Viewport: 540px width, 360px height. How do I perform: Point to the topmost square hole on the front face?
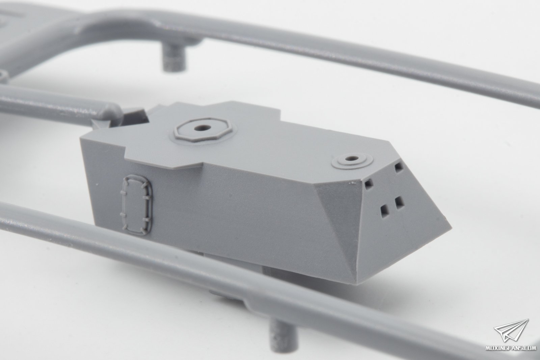pos(399,167)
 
